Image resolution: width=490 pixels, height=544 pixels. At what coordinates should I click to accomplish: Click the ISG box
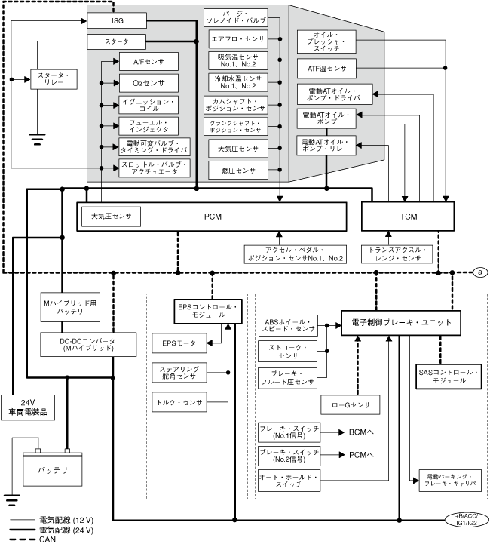coord(117,21)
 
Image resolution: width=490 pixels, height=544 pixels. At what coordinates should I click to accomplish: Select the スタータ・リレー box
coord(54,79)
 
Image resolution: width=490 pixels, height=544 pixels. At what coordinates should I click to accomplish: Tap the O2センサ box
coord(149,83)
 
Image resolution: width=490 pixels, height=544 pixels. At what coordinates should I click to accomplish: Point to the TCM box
coord(408,217)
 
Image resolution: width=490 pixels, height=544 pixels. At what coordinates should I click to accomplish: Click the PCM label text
coord(213,217)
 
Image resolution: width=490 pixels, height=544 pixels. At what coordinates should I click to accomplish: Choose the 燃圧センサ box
coord(238,171)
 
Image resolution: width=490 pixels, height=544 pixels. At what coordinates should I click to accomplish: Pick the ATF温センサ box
coord(326,69)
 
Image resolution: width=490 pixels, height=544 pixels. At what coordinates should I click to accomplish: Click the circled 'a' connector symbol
coord(480,272)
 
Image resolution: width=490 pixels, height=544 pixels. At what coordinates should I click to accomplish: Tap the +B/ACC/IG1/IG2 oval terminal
coord(467,520)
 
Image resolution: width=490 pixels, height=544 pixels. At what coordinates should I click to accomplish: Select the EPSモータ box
coord(179,343)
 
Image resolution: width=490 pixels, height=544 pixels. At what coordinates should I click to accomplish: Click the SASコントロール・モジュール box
coord(449,376)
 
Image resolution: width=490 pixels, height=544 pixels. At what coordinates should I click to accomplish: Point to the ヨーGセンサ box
coord(350,405)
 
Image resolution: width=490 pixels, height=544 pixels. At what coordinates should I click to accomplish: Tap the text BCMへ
coord(361,432)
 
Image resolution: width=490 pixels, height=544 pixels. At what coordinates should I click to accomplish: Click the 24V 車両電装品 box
coord(28,407)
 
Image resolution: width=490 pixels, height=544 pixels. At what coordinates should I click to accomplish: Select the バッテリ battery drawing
coord(52,469)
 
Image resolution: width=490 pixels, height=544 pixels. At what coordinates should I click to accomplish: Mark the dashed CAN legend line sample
coord(23,539)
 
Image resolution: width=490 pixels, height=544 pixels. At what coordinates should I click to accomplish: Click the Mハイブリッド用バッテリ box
coord(70,307)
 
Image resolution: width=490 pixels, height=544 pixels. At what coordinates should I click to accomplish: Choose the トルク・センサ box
coord(179,402)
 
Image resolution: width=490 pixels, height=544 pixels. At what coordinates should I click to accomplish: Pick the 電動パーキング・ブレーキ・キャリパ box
coord(450,481)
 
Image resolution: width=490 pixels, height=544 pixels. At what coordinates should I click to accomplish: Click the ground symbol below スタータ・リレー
coord(37,139)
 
